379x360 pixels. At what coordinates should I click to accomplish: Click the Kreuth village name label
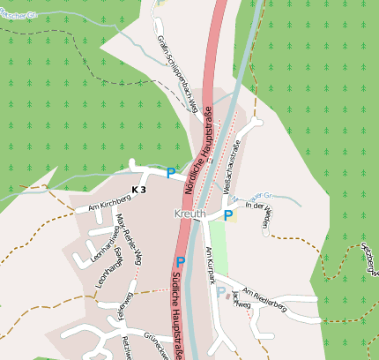tap(189, 214)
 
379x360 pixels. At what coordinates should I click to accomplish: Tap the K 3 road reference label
tap(137, 190)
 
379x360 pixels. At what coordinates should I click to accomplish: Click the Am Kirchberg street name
tap(97, 206)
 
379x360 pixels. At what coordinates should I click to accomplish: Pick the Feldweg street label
tap(123, 306)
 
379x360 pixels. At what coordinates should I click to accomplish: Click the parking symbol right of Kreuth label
tap(228, 214)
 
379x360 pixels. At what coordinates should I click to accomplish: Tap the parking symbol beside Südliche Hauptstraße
tap(181, 262)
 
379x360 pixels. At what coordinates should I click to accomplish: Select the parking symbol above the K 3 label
tap(171, 173)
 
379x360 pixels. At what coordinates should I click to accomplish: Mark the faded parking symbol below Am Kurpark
tap(221, 292)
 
